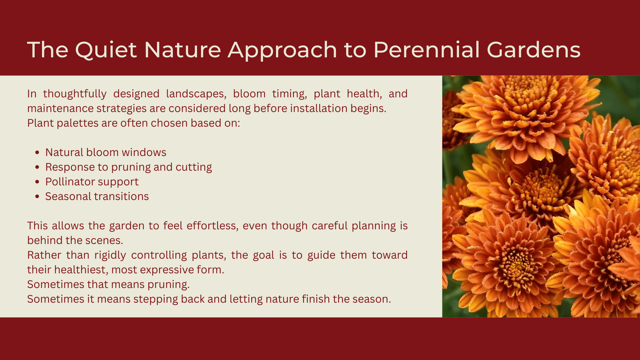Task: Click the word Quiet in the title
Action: click(106, 50)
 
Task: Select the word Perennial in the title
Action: click(427, 50)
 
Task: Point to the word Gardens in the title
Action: click(534, 50)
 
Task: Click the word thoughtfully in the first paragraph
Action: click(75, 94)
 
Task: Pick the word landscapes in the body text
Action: click(196, 94)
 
